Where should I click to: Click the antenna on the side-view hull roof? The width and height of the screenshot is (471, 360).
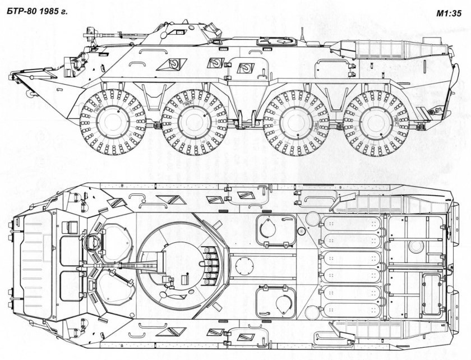(x=302, y=34)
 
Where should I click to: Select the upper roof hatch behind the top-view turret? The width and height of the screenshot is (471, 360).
(x=275, y=232)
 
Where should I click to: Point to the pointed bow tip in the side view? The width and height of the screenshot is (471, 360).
(x=14, y=73)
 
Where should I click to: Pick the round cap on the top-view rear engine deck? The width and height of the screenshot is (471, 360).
(x=416, y=247)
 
